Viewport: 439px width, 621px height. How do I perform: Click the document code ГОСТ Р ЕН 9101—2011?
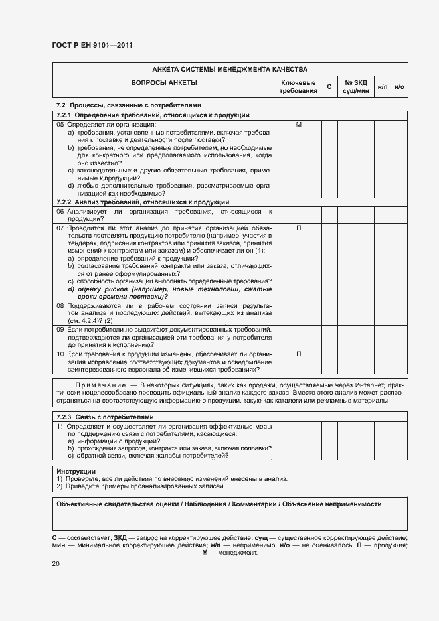[x=92, y=46]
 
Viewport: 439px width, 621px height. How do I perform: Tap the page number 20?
[x=55, y=563]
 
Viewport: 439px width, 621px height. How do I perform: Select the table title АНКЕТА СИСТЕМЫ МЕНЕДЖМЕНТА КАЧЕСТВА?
[x=230, y=69]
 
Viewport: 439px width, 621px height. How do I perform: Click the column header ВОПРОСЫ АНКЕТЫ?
[x=164, y=82]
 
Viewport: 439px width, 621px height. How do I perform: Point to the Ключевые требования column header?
[x=298, y=86]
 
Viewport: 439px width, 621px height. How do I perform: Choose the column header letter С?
[x=329, y=87]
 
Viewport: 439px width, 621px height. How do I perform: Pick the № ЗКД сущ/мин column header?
[x=355, y=86]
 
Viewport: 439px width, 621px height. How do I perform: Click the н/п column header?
[x=383, y=87]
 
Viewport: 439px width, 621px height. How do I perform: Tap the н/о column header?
[x=399, y=87]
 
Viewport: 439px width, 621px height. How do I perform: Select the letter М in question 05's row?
[x=298, y=124]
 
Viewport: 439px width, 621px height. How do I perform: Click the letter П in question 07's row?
[x=298, y=228]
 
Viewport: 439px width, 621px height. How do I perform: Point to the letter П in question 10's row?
[x=298, y=354]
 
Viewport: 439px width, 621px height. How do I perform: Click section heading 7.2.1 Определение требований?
[x=153, y=115]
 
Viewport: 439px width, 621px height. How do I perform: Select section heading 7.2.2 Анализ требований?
[x=143, y=202]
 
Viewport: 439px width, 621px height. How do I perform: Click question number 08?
[x=60, y=305]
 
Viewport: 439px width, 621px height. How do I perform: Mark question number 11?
[x=60, y=425]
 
